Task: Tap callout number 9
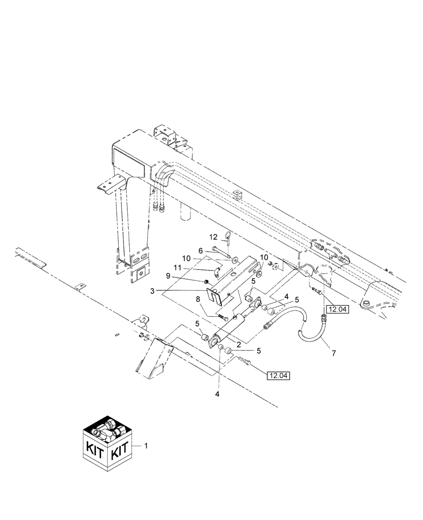pos(197,276)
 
